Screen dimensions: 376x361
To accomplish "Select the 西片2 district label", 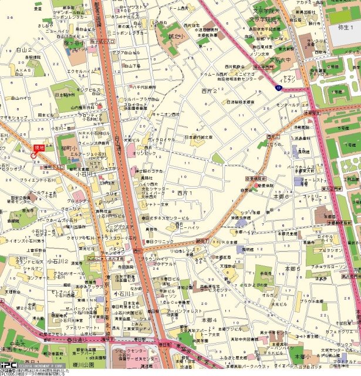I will (209, 91).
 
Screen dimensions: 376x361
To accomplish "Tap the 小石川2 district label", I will (60, 261).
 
